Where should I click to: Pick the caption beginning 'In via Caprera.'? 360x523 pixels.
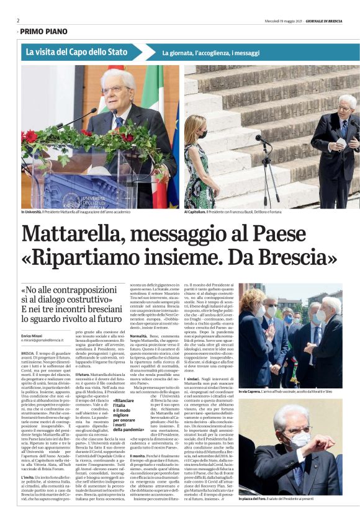coord(289,392)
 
